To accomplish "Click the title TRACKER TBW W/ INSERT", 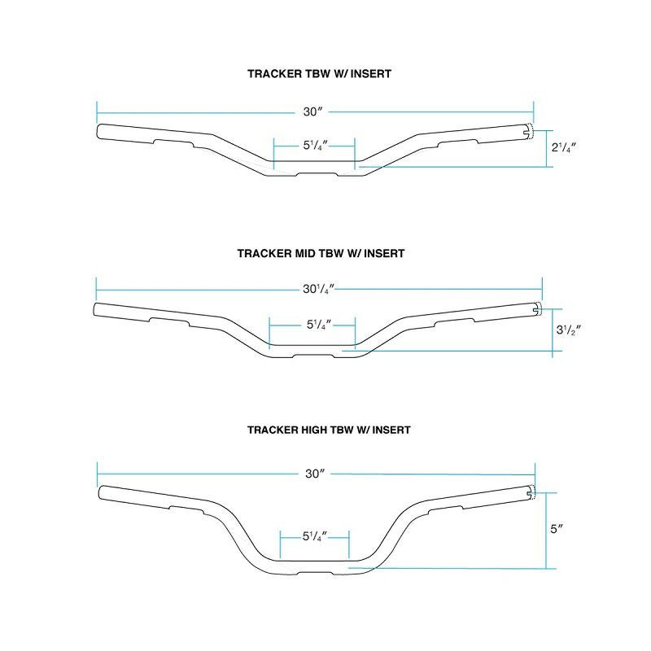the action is (x=319, y=74).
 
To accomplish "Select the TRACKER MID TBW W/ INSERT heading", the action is (x=321, y=253).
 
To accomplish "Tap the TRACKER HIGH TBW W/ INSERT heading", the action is (x=329, y=430).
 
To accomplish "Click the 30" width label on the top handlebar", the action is (x=312, y=111).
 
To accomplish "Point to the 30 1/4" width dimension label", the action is (x=318, y=289).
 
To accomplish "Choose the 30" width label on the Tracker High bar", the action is (x=315, y=474).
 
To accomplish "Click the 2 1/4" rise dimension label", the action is (x=564, y=147).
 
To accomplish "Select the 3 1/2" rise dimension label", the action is (x=568, y=330).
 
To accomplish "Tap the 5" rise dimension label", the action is (x=557, y=529).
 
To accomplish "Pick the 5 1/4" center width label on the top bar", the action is (x=315, y=146).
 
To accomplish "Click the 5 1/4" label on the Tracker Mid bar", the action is (x=319, y=325).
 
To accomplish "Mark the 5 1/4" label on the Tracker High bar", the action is (x=315, y=536).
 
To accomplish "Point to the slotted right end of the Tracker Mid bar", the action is (x=537, y=308).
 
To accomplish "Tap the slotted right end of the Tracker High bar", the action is (x=531, y=493).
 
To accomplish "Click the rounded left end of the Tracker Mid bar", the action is (x=98, y=311).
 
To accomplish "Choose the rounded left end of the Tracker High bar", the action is (x=103, y=493).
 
